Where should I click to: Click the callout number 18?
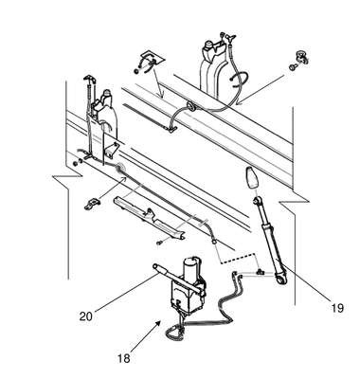pyautogui.click(x=124, y=358)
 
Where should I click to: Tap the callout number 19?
pyautogui.click(x=337, y=307)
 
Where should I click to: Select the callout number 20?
pyautogui.click(x=86, y=316)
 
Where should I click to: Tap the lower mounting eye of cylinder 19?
pyautogui.click(x=279, y=279)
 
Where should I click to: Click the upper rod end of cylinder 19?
pyautogui.click(x=257, y=199)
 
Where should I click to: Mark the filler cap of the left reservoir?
pyautogui.click(x=107, y=93)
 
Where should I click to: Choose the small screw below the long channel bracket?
pyautogui.click(x=159, y=243)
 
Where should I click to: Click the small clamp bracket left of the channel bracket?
pyautogui.click(x=92, y=203)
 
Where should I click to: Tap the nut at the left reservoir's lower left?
pyautogui.click(x=75, y=164)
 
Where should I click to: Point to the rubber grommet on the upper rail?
pyautogui.click(x=191, y=106)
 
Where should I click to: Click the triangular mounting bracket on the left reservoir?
pyautogui.click(x=112, y=150)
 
